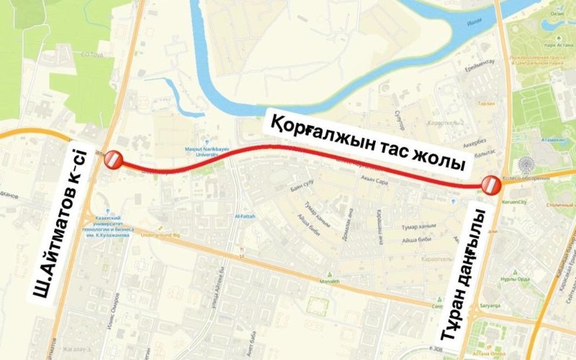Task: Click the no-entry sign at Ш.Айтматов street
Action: [114, 161]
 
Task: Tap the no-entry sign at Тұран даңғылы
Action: [491, 185]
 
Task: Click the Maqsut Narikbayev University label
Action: [207, 150]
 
